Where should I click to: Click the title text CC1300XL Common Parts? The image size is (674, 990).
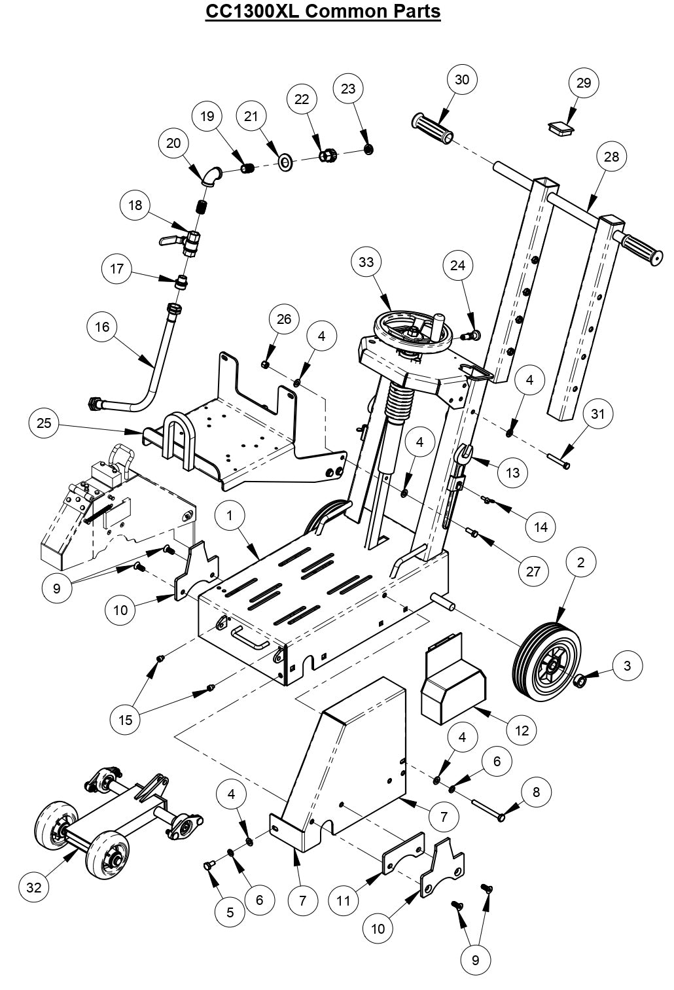tap(323, 11)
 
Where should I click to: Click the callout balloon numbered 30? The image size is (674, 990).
tap(462, 80)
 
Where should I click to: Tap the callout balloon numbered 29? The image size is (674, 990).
tap(583, 83)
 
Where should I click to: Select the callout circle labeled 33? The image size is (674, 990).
tap(366, 262)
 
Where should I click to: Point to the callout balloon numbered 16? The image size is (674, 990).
tap(103, 327)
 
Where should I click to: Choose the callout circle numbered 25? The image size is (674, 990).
tap(44, 423)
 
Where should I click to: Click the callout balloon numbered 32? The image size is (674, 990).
tap(34, 887)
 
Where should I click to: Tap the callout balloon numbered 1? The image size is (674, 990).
tap(230, 516)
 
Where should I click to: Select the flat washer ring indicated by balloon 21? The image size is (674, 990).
tap(285, 161)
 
